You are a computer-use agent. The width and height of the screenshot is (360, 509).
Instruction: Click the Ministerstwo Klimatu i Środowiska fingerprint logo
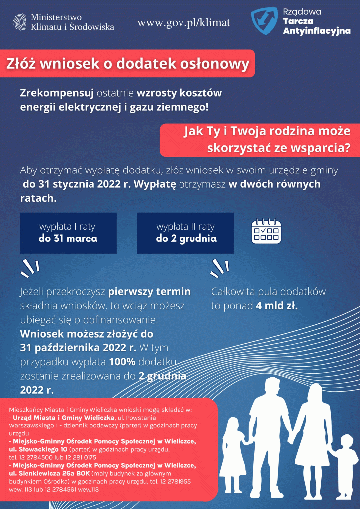pos(20,22)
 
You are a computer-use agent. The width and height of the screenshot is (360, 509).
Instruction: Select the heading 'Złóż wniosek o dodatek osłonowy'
pos(127,64)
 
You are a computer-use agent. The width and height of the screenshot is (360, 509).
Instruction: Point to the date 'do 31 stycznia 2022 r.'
pos(73,184)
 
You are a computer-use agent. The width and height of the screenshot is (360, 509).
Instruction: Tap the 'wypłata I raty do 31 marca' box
pos(68,233)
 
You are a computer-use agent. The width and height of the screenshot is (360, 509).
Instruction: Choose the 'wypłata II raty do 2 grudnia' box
pos(185,233)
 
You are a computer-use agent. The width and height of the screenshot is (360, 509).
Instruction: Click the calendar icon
pos(266,231)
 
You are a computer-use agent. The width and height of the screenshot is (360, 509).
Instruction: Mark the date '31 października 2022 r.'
pos(78,347)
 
